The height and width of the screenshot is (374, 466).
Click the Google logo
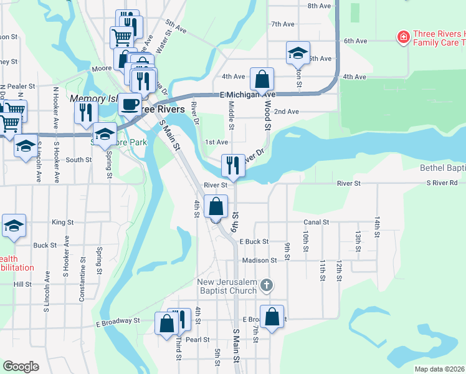pos(21,367)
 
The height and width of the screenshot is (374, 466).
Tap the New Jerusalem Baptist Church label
pos(227,286)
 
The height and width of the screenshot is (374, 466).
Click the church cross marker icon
pos(266,286)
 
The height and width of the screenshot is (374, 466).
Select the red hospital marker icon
pos(404,38)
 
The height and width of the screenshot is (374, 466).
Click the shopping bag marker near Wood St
pos(262,79)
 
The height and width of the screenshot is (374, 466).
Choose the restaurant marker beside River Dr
pos(232,165)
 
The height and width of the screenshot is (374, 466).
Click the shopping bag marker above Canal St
pos(216,207)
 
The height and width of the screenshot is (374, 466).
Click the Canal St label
pos(316,222)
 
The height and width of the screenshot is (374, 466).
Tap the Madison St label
pos(259,261)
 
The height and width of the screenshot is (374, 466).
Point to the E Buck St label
pos(253,241)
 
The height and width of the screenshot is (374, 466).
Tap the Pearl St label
pos(197,340)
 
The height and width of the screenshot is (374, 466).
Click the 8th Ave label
pos(318,6)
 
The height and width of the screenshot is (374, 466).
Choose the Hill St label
pos(22,284)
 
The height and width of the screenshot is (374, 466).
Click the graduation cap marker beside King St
pos(14,226)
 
